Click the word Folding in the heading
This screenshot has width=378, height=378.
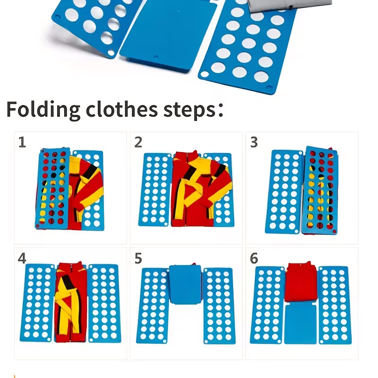coord(43,110)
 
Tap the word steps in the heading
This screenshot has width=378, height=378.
coord(190,111)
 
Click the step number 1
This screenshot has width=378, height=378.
coord(22,142)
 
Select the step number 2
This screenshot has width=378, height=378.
coord(138,142)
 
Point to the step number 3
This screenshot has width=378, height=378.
coord(254,142)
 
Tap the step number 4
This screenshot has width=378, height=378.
coord(22,258)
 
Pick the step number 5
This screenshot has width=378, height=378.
coord(138,258)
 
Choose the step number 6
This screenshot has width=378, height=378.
coord(254,258)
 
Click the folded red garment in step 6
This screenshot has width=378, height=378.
coord(301,282)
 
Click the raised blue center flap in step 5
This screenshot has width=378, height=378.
coord(185,284)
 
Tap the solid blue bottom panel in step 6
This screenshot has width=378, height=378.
coord(301,324)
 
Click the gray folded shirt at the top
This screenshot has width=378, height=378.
coord(289,5)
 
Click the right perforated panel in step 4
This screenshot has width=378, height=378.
coord(104,303)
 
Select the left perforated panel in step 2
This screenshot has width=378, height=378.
coord(155,189)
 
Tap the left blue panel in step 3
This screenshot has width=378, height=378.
coord(284,192)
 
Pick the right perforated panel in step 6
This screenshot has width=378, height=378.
coord(335,305)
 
